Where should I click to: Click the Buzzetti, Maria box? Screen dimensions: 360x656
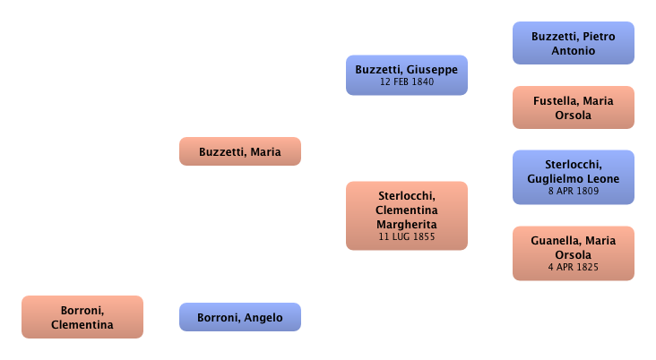pyautogui.click(x=239, y=151)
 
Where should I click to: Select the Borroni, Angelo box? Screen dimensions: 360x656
pyautogui.click(x=239, y=317)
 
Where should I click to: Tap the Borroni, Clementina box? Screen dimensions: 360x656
pyautogui.click(x=82, y=317)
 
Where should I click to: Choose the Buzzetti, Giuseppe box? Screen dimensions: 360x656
pyautogui.click(x=406, y=74)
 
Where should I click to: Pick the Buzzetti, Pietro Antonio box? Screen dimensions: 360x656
pyautogui.click(x=573, y=43)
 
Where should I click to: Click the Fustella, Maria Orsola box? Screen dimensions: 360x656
pyautogui.click(x=573, y=107)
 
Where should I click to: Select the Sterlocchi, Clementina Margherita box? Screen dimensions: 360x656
pyautogui.click(x=406, y=215)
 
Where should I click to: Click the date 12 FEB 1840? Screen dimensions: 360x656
pyautogui.click(x=406, y=82)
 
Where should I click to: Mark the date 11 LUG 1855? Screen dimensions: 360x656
pyautogui.click(x=406, y=236)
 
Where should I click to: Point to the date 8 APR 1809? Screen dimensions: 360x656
pyautogui.click(x=573, y=191)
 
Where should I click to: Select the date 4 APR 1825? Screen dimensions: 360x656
pyautogui.click(x=573, y=267)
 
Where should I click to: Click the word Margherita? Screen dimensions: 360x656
pyautogui.click(x=406, y=223)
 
